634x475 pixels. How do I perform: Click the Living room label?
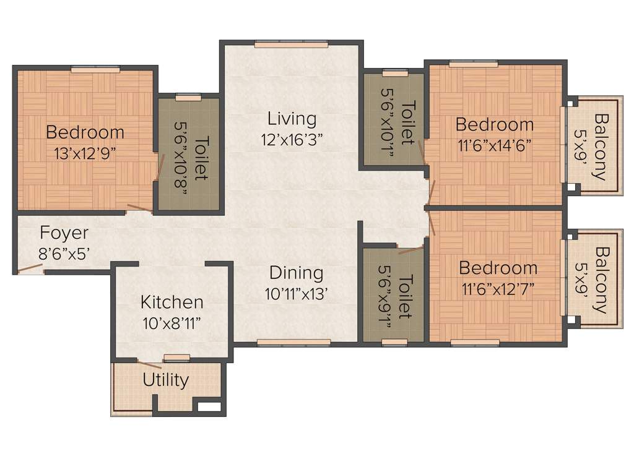[292, 118]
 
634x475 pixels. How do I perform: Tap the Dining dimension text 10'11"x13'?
[296, 293]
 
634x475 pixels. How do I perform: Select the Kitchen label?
[172, 302]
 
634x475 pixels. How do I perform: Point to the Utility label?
[165, 380]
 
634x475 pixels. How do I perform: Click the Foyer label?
[64, 233]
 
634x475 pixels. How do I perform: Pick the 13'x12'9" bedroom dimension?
[85, 153]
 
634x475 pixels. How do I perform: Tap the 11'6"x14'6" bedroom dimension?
[495, 145]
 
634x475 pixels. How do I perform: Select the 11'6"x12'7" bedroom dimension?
[498, 289]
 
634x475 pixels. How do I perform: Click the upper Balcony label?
[600, 147]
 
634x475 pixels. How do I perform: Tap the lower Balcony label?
[600, 280]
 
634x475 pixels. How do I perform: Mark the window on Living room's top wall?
[291, 45]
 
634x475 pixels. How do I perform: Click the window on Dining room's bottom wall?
[293, 342]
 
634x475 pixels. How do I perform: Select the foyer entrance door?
[30, 269]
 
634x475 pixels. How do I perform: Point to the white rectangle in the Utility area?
[209, 407]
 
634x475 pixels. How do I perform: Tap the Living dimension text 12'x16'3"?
[292, 139]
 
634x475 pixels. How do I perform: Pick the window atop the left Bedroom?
[95, 70]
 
